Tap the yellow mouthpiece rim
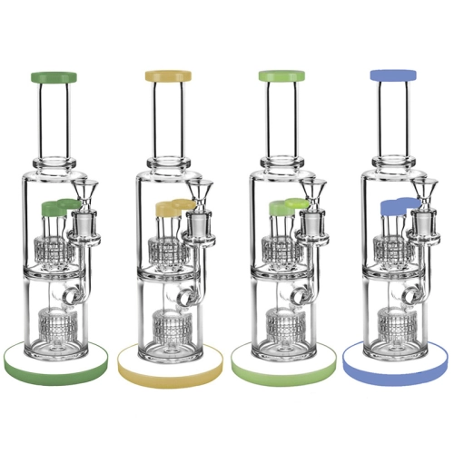point(170,77)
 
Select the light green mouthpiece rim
point(283,77)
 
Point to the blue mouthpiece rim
point(397,77)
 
